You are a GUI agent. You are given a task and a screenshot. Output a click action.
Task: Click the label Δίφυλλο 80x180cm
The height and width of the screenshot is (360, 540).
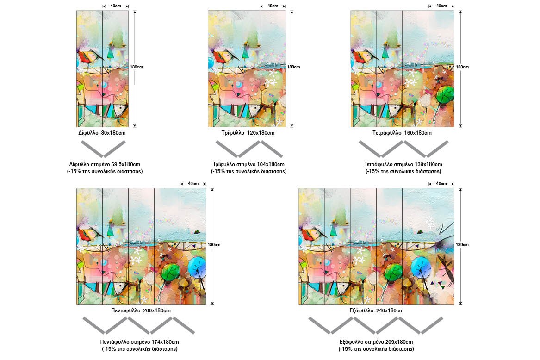(x=102, y=133)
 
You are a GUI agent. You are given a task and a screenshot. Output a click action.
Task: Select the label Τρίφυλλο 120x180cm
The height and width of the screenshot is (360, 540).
(x=248, y=133)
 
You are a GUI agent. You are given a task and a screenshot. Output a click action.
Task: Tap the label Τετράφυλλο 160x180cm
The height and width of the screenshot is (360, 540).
(x=402, y=133)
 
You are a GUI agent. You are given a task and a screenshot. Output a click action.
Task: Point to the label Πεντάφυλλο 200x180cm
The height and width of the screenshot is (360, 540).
(x=141, y=310)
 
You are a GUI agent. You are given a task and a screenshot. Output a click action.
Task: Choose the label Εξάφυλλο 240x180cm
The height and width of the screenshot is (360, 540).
(x=376, y=310)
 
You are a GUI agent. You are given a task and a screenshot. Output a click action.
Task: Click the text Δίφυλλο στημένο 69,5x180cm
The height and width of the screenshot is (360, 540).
(x=105, y=164)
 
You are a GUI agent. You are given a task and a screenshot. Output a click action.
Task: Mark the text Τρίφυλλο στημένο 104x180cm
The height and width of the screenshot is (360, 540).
(x=248, y=164)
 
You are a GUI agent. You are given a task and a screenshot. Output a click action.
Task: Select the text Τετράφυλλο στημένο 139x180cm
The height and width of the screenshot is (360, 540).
(x=403, y=164)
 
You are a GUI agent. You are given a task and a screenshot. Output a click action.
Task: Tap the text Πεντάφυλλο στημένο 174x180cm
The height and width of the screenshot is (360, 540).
(x=139, y=342)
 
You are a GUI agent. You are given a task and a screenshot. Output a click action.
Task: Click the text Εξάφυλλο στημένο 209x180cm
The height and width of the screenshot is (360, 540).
(x=376, y=342)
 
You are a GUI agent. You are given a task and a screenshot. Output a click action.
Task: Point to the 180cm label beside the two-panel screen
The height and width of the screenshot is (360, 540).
(x=137, y=67)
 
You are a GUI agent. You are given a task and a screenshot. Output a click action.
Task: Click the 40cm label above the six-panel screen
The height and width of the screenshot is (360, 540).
(x=441, y=184)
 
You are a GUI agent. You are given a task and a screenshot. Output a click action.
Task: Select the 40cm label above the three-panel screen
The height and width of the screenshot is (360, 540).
(x=273, y=6)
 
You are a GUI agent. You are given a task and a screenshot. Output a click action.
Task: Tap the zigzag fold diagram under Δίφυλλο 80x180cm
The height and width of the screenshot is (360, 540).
(x=103, y=149)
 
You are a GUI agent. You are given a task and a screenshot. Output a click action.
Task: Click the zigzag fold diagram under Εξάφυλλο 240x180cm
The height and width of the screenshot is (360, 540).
(x=376, y=326)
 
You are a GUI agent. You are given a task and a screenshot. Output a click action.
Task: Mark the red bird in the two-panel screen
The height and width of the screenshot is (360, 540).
(x=88, y=57)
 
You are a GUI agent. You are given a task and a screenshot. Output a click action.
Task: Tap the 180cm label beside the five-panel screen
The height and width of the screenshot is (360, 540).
(x=214, y=245)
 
